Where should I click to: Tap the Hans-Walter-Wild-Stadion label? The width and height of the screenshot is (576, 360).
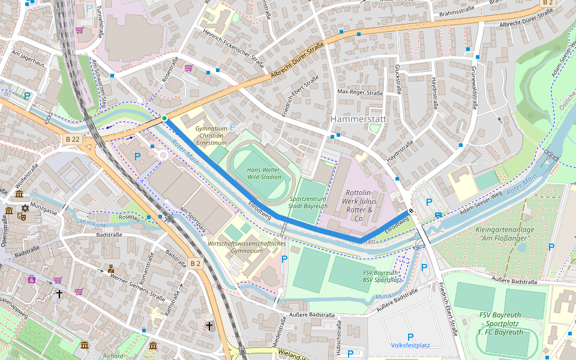[264, 173]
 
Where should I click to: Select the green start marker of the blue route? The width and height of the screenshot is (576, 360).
[164, 118]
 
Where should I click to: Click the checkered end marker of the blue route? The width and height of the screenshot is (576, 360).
[410, 211]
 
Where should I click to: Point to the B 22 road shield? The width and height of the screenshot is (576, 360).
[70, 139]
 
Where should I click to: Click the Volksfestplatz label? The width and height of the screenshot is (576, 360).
[410, 345]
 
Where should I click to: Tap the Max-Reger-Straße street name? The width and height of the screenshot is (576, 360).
[360, 92]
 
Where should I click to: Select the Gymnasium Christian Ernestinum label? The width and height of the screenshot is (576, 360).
[211, 136]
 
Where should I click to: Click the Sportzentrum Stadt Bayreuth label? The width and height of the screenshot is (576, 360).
[308, 202]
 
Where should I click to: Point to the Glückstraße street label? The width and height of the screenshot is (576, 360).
[397, 80]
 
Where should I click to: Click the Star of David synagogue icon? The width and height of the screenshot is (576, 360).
[25, 208]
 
